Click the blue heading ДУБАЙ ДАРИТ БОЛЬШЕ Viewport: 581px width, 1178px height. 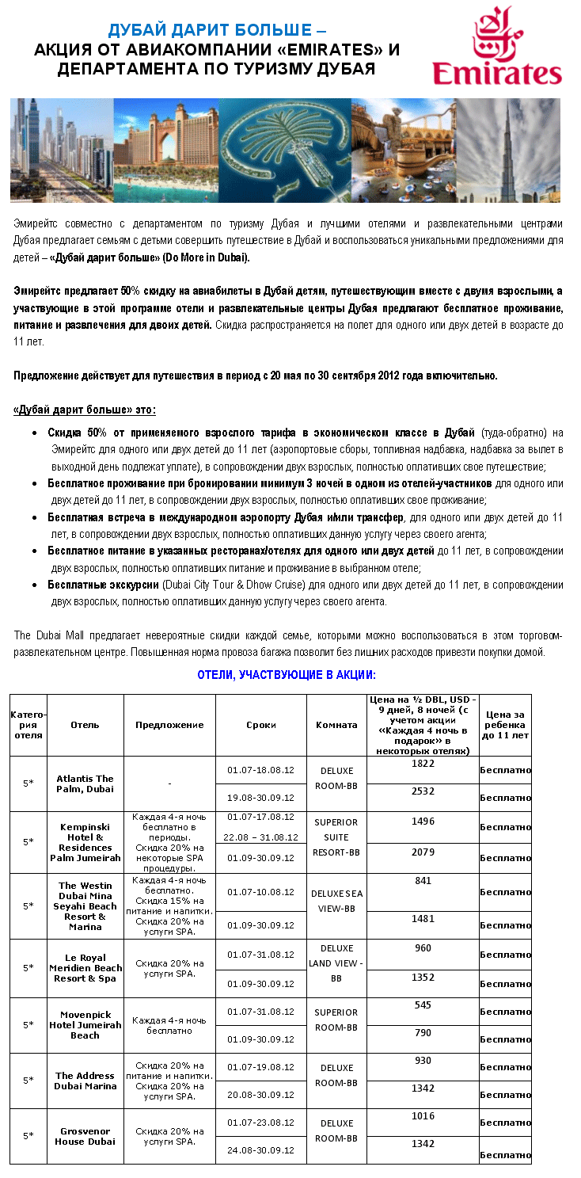pyautogui.click(x=216, y=31)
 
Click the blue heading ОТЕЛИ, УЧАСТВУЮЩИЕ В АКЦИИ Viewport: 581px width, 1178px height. pyautogui.click(x=286, y=675)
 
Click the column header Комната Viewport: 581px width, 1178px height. pyautogui.click(x=336, y=725)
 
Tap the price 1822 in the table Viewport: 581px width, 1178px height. pyautogui.click(x=423, y=763)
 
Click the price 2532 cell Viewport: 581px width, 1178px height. pyautogui.click(x=423, y=791)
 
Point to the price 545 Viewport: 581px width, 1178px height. pyautogui.click(x=423, y=1005)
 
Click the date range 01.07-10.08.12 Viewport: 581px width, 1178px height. pyautogui.click(x=260, y=892)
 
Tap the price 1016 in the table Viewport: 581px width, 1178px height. pyautogui.click(x=423, y=1115)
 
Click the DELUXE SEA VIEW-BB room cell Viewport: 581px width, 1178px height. pyautogui.click(x=336, y=901)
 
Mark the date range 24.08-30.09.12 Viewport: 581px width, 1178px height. pyautogui.click(x=260, y=1149)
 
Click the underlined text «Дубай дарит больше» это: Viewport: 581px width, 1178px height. pyautogui.click(x=85, y=410)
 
